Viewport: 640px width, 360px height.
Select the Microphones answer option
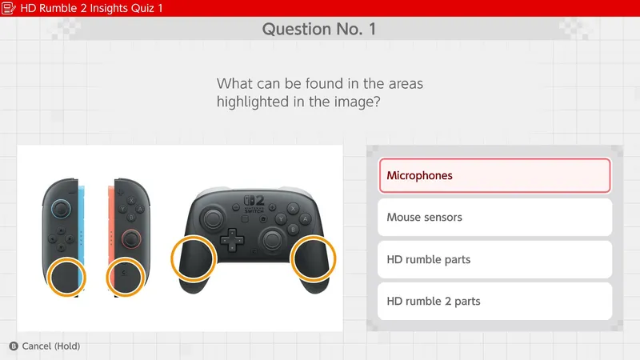(494, 175)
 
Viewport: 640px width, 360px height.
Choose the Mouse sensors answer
(494, 217)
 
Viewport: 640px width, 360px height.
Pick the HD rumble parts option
(494, 259)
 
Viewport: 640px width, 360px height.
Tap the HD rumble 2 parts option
(494, 302)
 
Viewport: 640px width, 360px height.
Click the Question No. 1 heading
(319, 30)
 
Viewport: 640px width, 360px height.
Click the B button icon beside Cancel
(13, 346)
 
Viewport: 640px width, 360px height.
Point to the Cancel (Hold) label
(51, 346)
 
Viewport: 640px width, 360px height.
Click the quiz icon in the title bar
(10, 8)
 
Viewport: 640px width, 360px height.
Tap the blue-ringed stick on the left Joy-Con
(61, 210)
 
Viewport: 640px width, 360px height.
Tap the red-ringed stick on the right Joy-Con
(130, 238)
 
